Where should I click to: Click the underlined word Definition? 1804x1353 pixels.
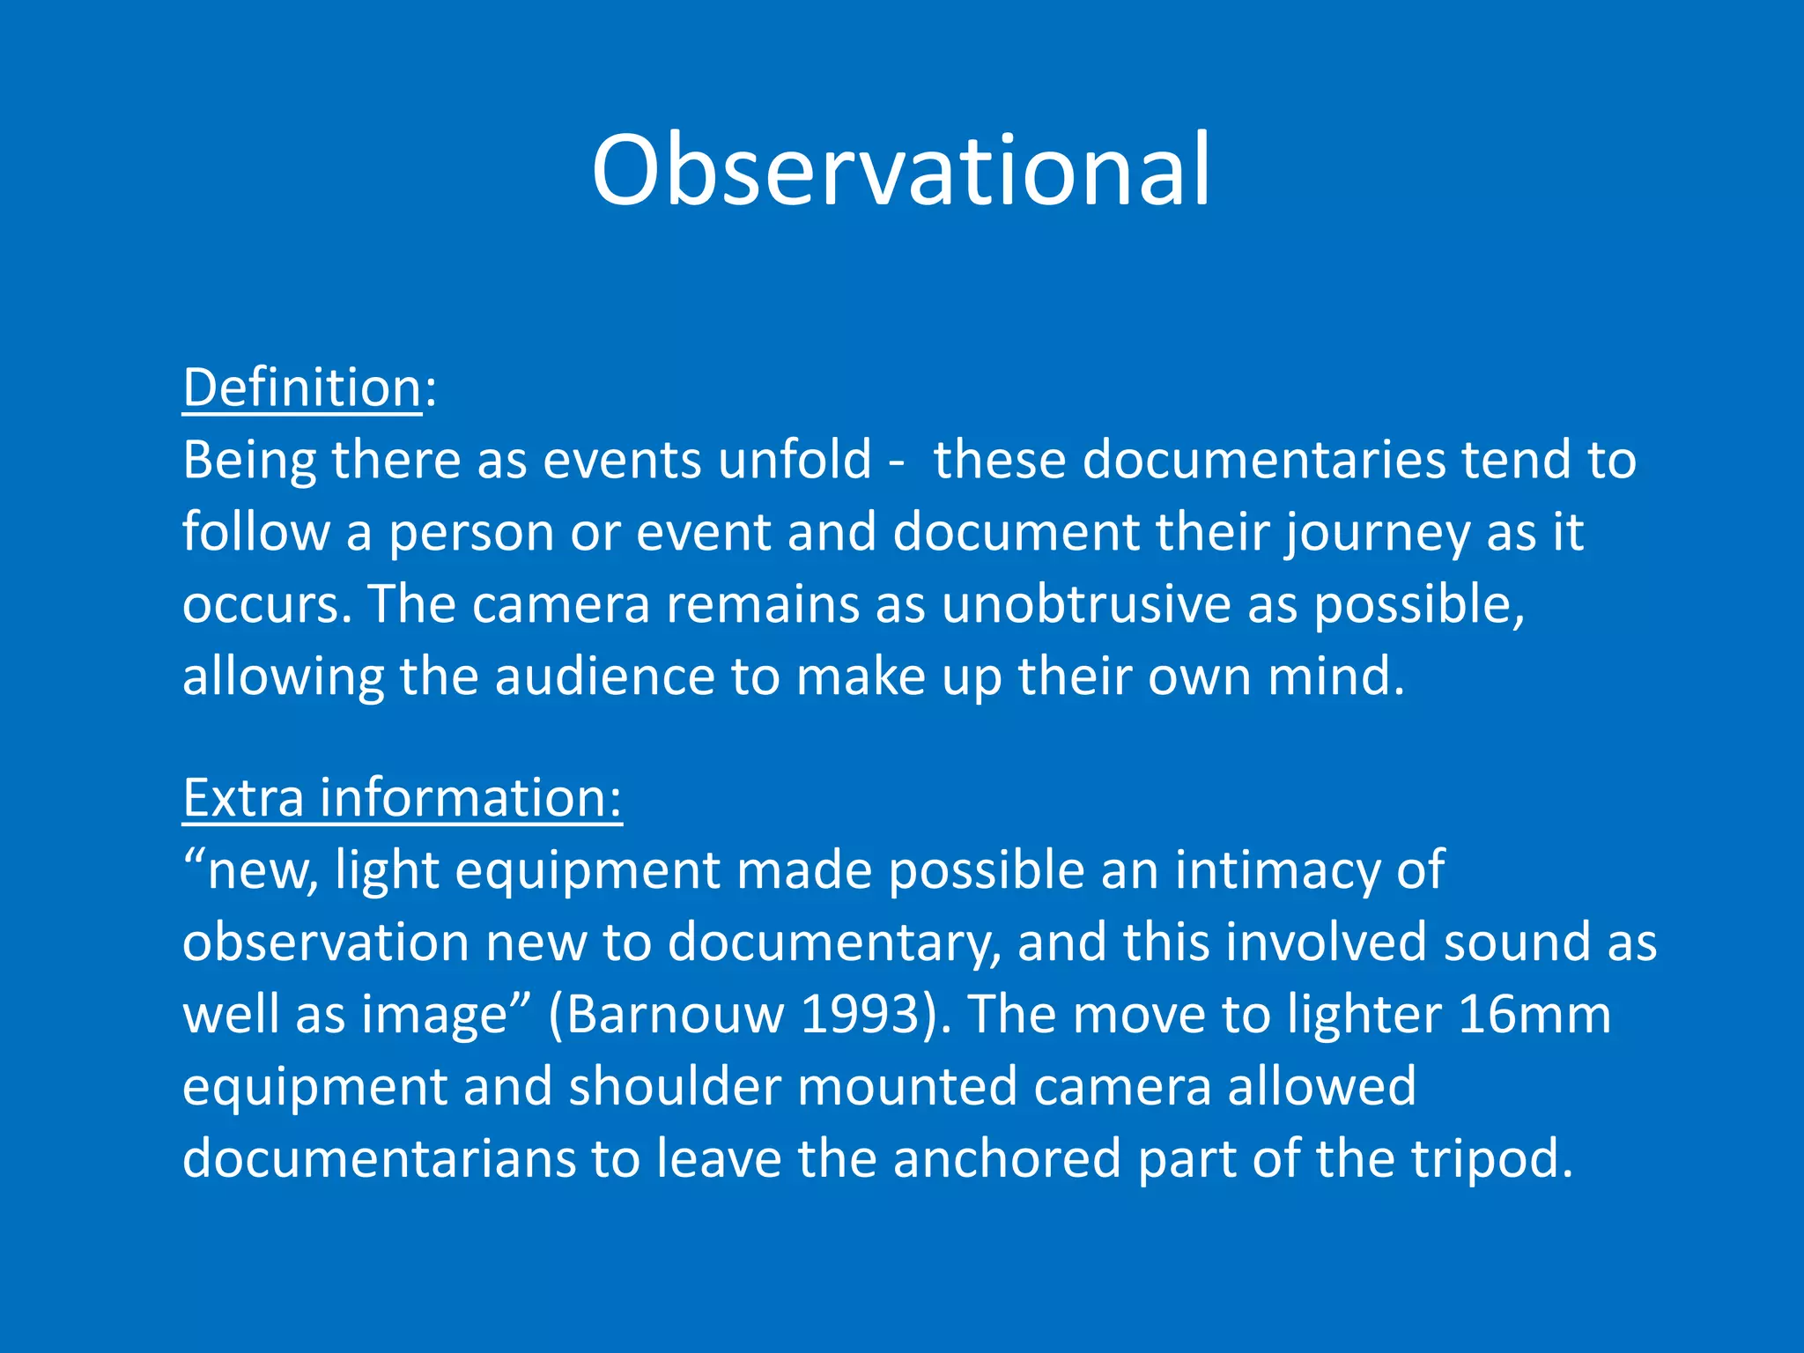[302, 388]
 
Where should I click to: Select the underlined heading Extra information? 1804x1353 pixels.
[402, 798]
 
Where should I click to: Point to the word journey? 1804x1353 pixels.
[1376, 534]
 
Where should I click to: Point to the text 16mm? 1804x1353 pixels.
[1534, 1015]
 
